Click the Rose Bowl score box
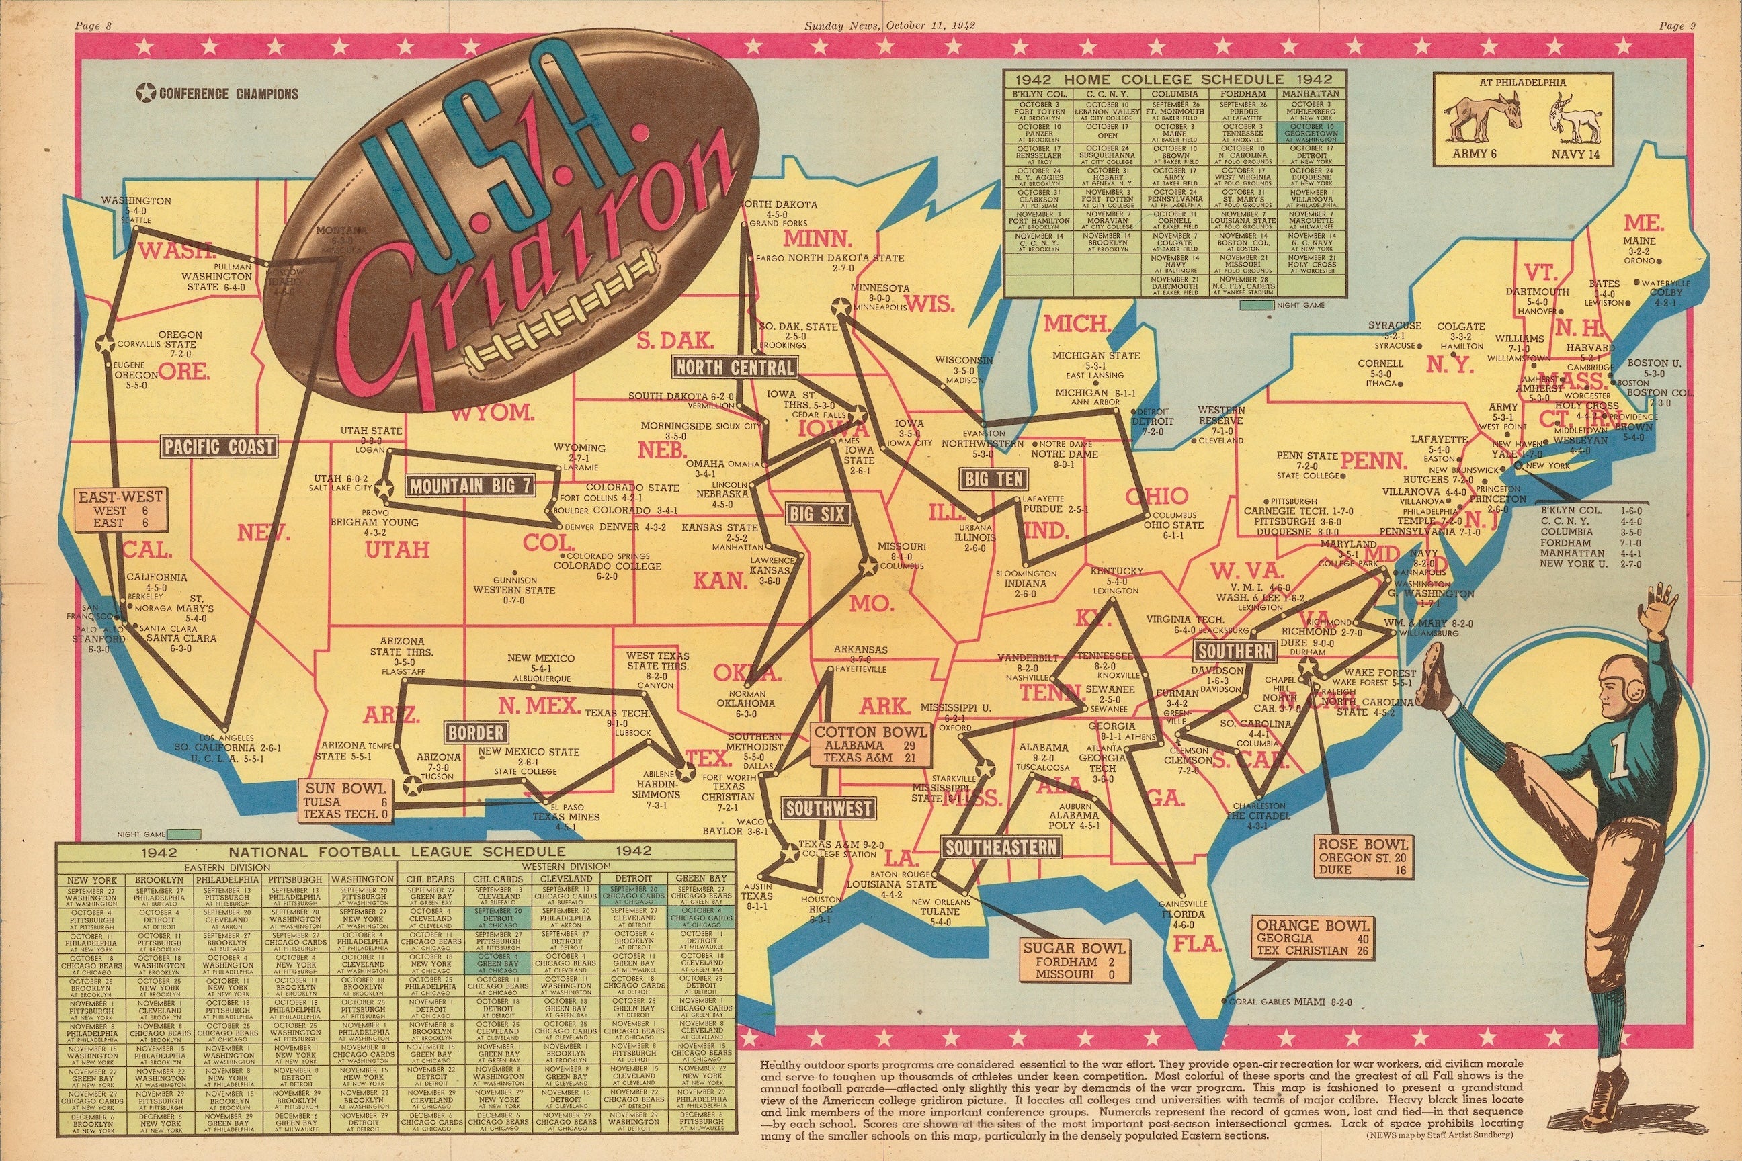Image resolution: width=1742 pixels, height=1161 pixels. coord(1362,857)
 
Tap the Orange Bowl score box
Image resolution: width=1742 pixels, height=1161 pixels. coord(1312,937)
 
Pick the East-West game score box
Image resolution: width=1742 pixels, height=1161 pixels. coord(121,510)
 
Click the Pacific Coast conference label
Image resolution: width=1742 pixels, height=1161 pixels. coord(218,447)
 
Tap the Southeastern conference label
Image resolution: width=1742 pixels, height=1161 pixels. coord(1001,847)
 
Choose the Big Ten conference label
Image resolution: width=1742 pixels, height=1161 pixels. coord(993,479)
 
